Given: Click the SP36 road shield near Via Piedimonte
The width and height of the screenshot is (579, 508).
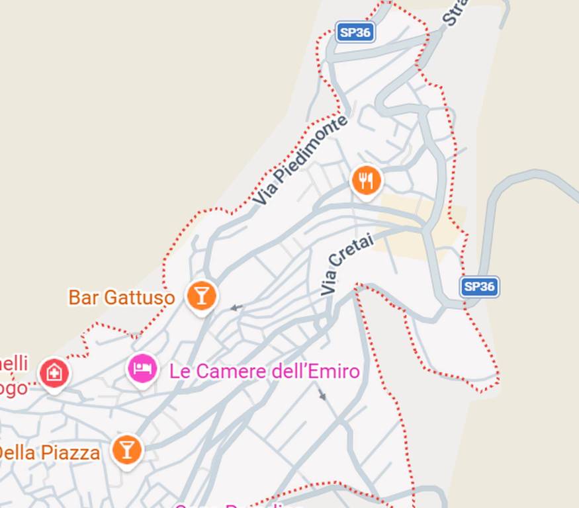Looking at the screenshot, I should tap(355, 32).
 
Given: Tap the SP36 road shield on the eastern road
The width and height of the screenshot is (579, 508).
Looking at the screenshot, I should tap(479, 286).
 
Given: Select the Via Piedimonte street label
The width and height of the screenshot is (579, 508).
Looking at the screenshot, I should tap(300, 161).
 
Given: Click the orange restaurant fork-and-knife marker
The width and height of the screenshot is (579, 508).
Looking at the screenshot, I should tap(366, 180).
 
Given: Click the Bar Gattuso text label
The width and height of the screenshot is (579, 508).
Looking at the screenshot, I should tap(122, 298).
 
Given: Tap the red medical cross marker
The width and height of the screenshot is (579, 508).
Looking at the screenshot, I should tap(54, 373).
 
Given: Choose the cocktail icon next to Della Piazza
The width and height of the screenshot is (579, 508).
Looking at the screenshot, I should tap(126, 450).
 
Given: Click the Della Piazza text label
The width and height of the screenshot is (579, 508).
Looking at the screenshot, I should tap(50, 453).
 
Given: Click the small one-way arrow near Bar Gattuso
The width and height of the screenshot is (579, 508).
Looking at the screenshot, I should tap(236, 308).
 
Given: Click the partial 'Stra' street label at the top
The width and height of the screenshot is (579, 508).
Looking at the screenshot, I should tap(455, 12).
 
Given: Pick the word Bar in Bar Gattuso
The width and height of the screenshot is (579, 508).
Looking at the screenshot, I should tap(82, 298).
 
